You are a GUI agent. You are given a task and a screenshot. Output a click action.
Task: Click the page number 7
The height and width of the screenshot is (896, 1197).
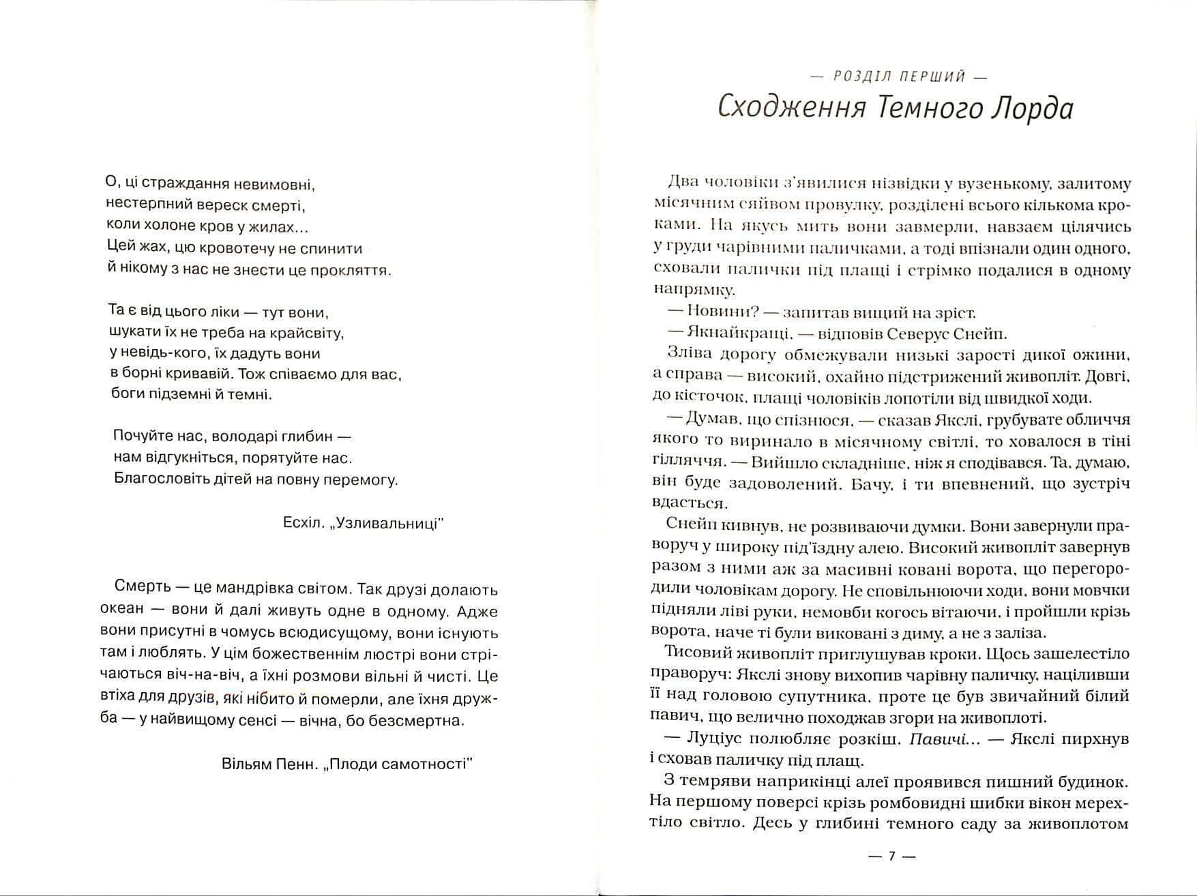[891, 857]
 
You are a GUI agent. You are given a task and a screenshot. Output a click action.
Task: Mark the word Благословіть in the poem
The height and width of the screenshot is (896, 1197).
[156, 479]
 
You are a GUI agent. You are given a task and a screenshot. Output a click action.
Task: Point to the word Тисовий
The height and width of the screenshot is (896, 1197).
[690, 653]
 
